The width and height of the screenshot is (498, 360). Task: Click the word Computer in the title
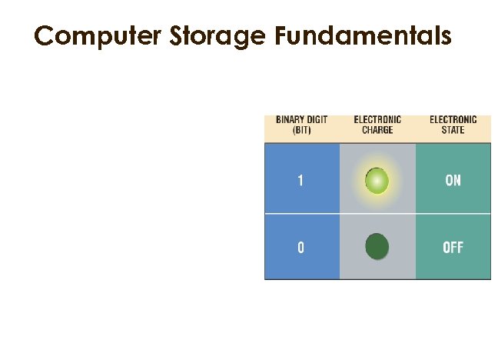pyautogui.click(x=87, y=36)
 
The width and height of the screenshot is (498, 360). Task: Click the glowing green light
pyautogui.click(x=377, y=181)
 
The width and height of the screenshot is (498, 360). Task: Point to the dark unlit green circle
pyautogui.click(x=377, y=247)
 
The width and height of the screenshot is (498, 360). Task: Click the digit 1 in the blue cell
pyautogui.click(x=300, y=182)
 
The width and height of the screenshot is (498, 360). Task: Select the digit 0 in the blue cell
pyautogui.click(x=300, y=248)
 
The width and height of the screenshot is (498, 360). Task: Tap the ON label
pyautogui.click(x=453, y=182)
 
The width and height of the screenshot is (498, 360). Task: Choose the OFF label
pyautogui.click(x=453, y=248)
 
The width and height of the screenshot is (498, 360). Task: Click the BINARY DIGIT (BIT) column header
pyautogui.click(x=300, y=125)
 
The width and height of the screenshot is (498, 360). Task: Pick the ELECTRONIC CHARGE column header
pyautogui.click(x=377, y=125)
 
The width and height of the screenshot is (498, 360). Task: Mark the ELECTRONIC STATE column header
pyautogui.click(x=453, y=125)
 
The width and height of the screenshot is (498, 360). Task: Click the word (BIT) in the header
pyautogui.click(x=300, y=130)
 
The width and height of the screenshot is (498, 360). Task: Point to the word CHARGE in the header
pyautogui.click(x=377, y=130)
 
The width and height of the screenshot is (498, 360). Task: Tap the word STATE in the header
pyautogui.click(x=453, y=130)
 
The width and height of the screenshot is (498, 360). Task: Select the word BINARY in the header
pyautogui.click(x=288, y=119)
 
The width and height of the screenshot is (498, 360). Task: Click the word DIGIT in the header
pyautogui.click(x=315, y=119)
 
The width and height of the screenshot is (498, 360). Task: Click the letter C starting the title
pyautogui.click(x=44, y=36)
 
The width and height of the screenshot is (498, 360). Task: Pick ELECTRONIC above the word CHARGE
pyautogui.click(x=377, y=119)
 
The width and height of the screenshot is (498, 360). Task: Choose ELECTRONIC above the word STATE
pyautogui.click(x=453, y=119)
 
